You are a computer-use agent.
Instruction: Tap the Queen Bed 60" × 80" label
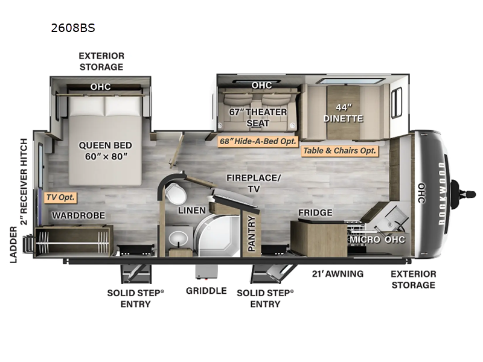click(x=105, y=151)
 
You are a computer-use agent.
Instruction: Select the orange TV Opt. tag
click(x=60, y=197)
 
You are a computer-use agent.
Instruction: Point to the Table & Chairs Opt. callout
click(x=340, y=151)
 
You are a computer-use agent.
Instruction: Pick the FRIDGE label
click(x=315, y=213)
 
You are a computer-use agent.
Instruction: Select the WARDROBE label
click(x=78, y=215)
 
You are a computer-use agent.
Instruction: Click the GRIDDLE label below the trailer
click(x=206, y=291)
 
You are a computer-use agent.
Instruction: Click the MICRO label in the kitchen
click(x=365, y=240)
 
